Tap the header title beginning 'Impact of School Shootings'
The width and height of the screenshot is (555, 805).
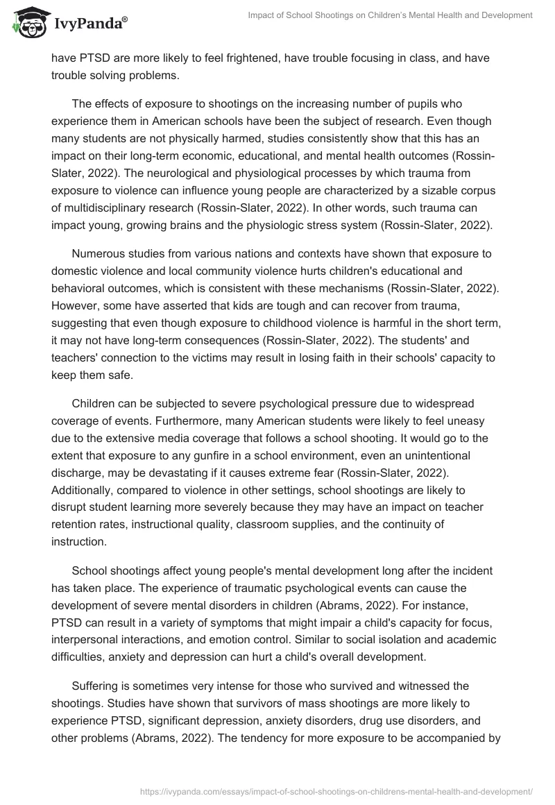coord(390,15)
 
